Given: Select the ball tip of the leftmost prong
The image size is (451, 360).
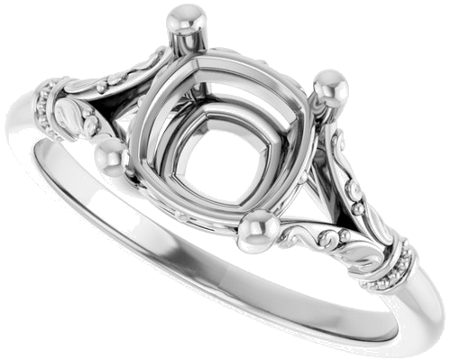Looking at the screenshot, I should click(x=109, y=160).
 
